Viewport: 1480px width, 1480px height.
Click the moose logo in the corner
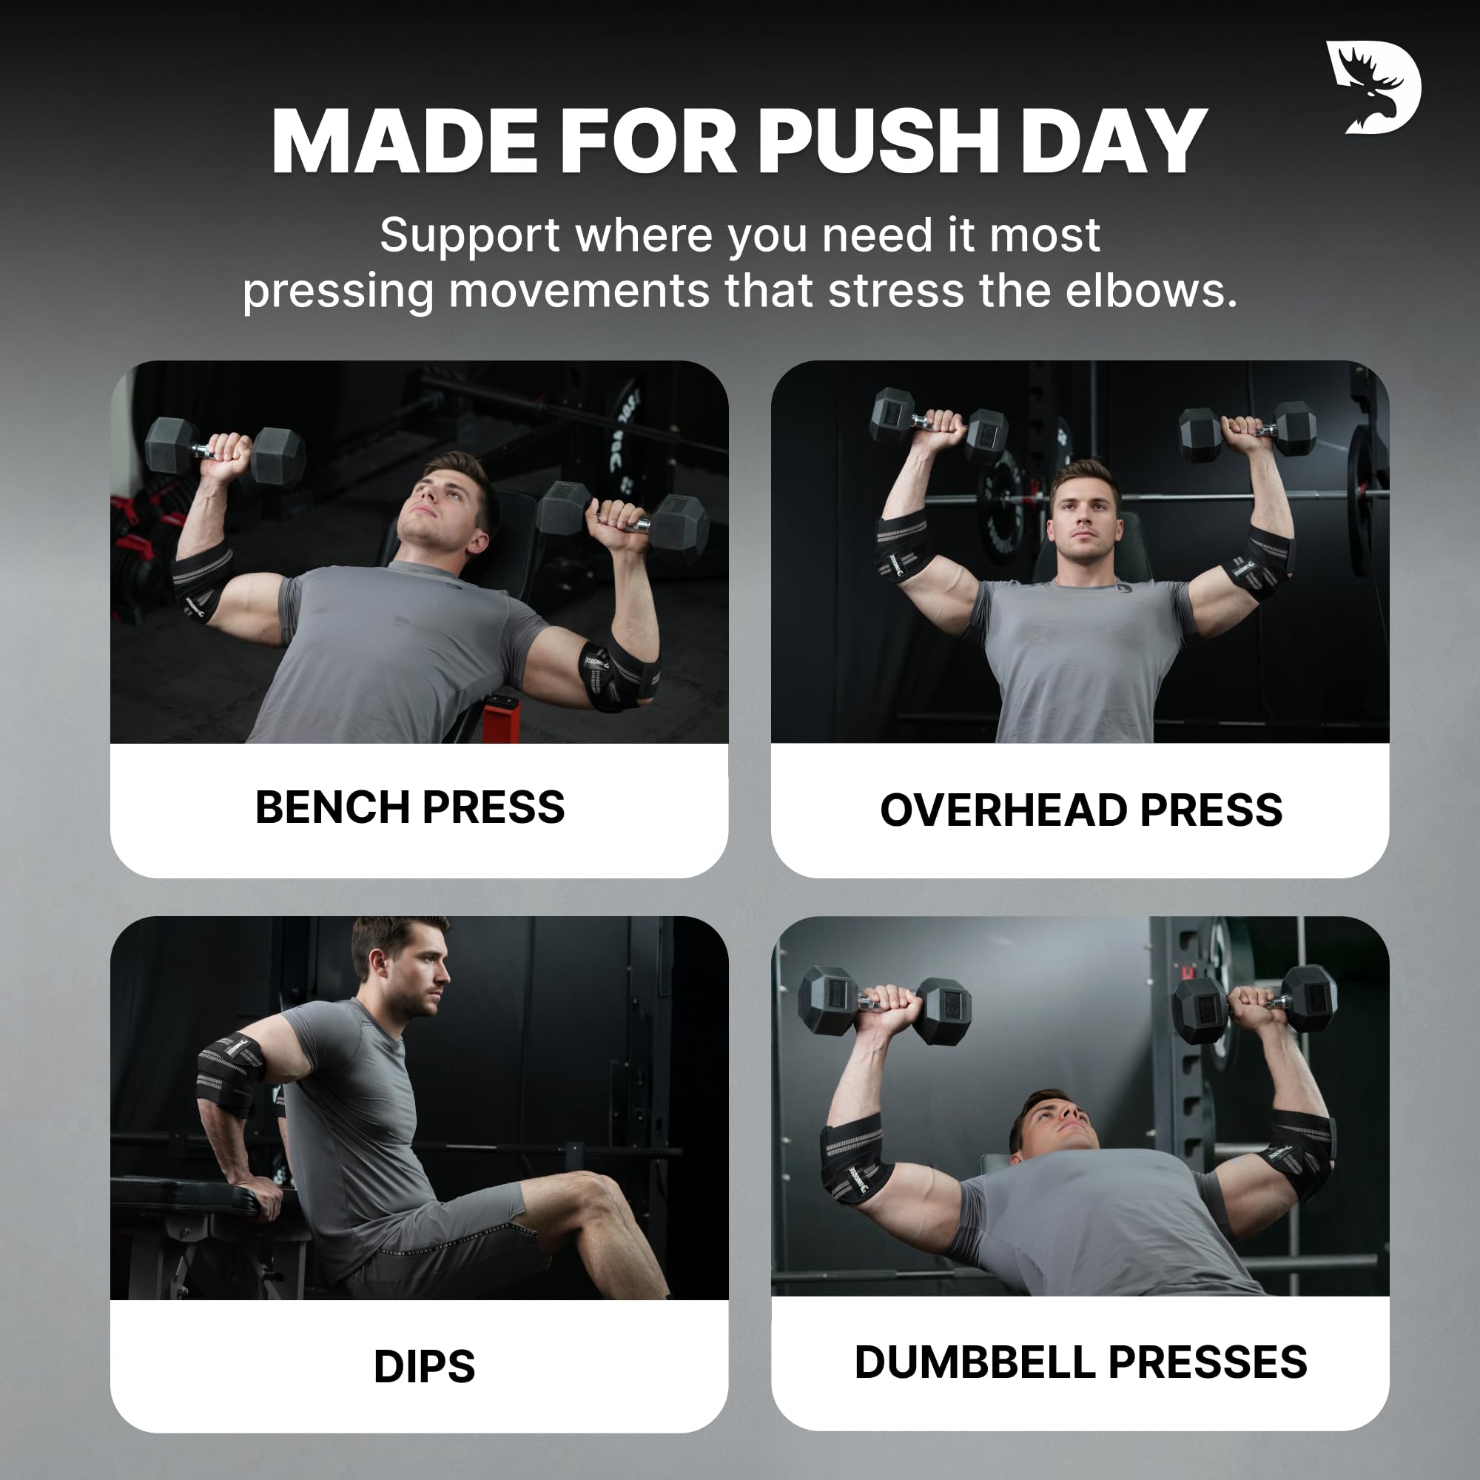pyautogui.click(x=1373, y=87)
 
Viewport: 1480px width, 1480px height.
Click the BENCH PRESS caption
pyautogui.click(x=410, y=807)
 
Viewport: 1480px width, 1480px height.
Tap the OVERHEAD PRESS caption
pyautogui.click(x=1081, y=810)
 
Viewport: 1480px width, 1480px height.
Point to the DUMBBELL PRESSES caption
pyautogui.click(x=1081, y=1362)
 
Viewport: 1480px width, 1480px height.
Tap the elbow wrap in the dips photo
pyautogui.click(x=230, y=1072)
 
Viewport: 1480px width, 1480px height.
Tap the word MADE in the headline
pyautogui.click(x=406, y=142)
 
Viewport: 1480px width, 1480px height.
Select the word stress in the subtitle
pyautogui.click(x=896, y=291)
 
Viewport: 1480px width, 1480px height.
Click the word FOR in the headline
pyautogui.click(x=649, y=142)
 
